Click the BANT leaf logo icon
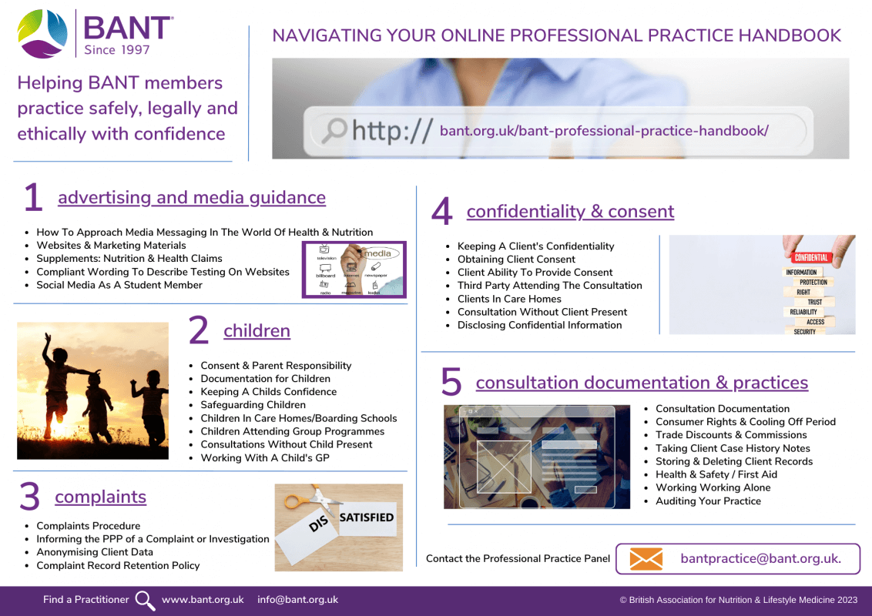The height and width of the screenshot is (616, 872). point(42,33)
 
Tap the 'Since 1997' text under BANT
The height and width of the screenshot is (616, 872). point(117,50)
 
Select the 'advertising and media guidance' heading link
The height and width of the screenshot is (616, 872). point(192,197)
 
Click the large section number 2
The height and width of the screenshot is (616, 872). point(199,330)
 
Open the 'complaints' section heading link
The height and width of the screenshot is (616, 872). point(101,497)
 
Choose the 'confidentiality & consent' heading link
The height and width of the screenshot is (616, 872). point(571,211)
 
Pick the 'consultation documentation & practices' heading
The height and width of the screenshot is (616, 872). point(642,383)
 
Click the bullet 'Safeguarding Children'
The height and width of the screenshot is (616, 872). point(253,405)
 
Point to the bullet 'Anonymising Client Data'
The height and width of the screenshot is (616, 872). point(95,552)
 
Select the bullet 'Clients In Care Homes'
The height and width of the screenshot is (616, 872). point(509,299)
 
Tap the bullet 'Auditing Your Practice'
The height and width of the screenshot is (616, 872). point(708,501)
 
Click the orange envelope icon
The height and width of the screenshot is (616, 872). point(646,559)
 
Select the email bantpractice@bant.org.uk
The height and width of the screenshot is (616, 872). point(761,558)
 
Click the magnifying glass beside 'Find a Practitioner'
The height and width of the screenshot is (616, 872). point(145,601)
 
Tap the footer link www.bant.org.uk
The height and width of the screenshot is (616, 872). point(203,599)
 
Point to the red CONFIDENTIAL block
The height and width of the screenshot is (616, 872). point(811,257)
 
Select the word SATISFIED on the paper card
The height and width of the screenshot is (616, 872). point(367,517)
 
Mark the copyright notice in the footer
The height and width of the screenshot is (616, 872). point(739,600)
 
